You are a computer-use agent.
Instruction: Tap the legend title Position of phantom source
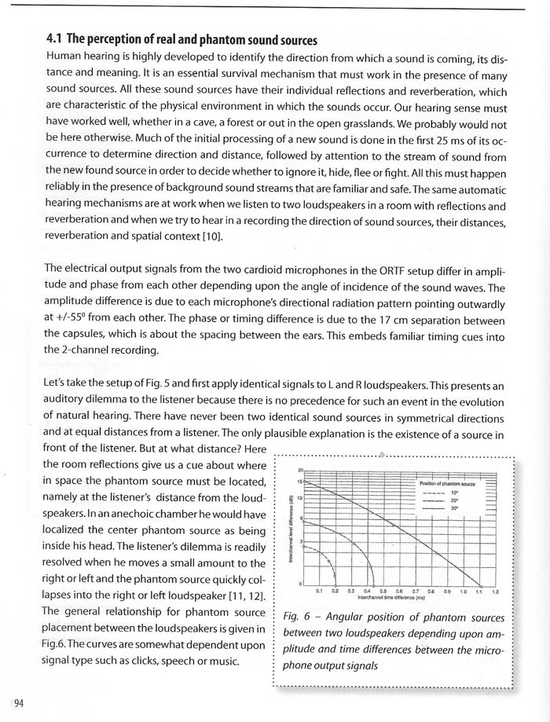pyautogui.click(x=447, y=484)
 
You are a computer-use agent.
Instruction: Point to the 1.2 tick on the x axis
pyautogui.click(x=496, y=591)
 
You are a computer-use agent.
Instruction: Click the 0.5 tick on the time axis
pyautogui.click(x=383, y=591)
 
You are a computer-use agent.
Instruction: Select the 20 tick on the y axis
pyautogui.click(x=301, y=470)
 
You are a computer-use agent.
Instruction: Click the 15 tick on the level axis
pyautogui.click(x=301, y=481)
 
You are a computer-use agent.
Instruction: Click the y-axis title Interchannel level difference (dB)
pyautogui.click(x=292, y=531)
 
